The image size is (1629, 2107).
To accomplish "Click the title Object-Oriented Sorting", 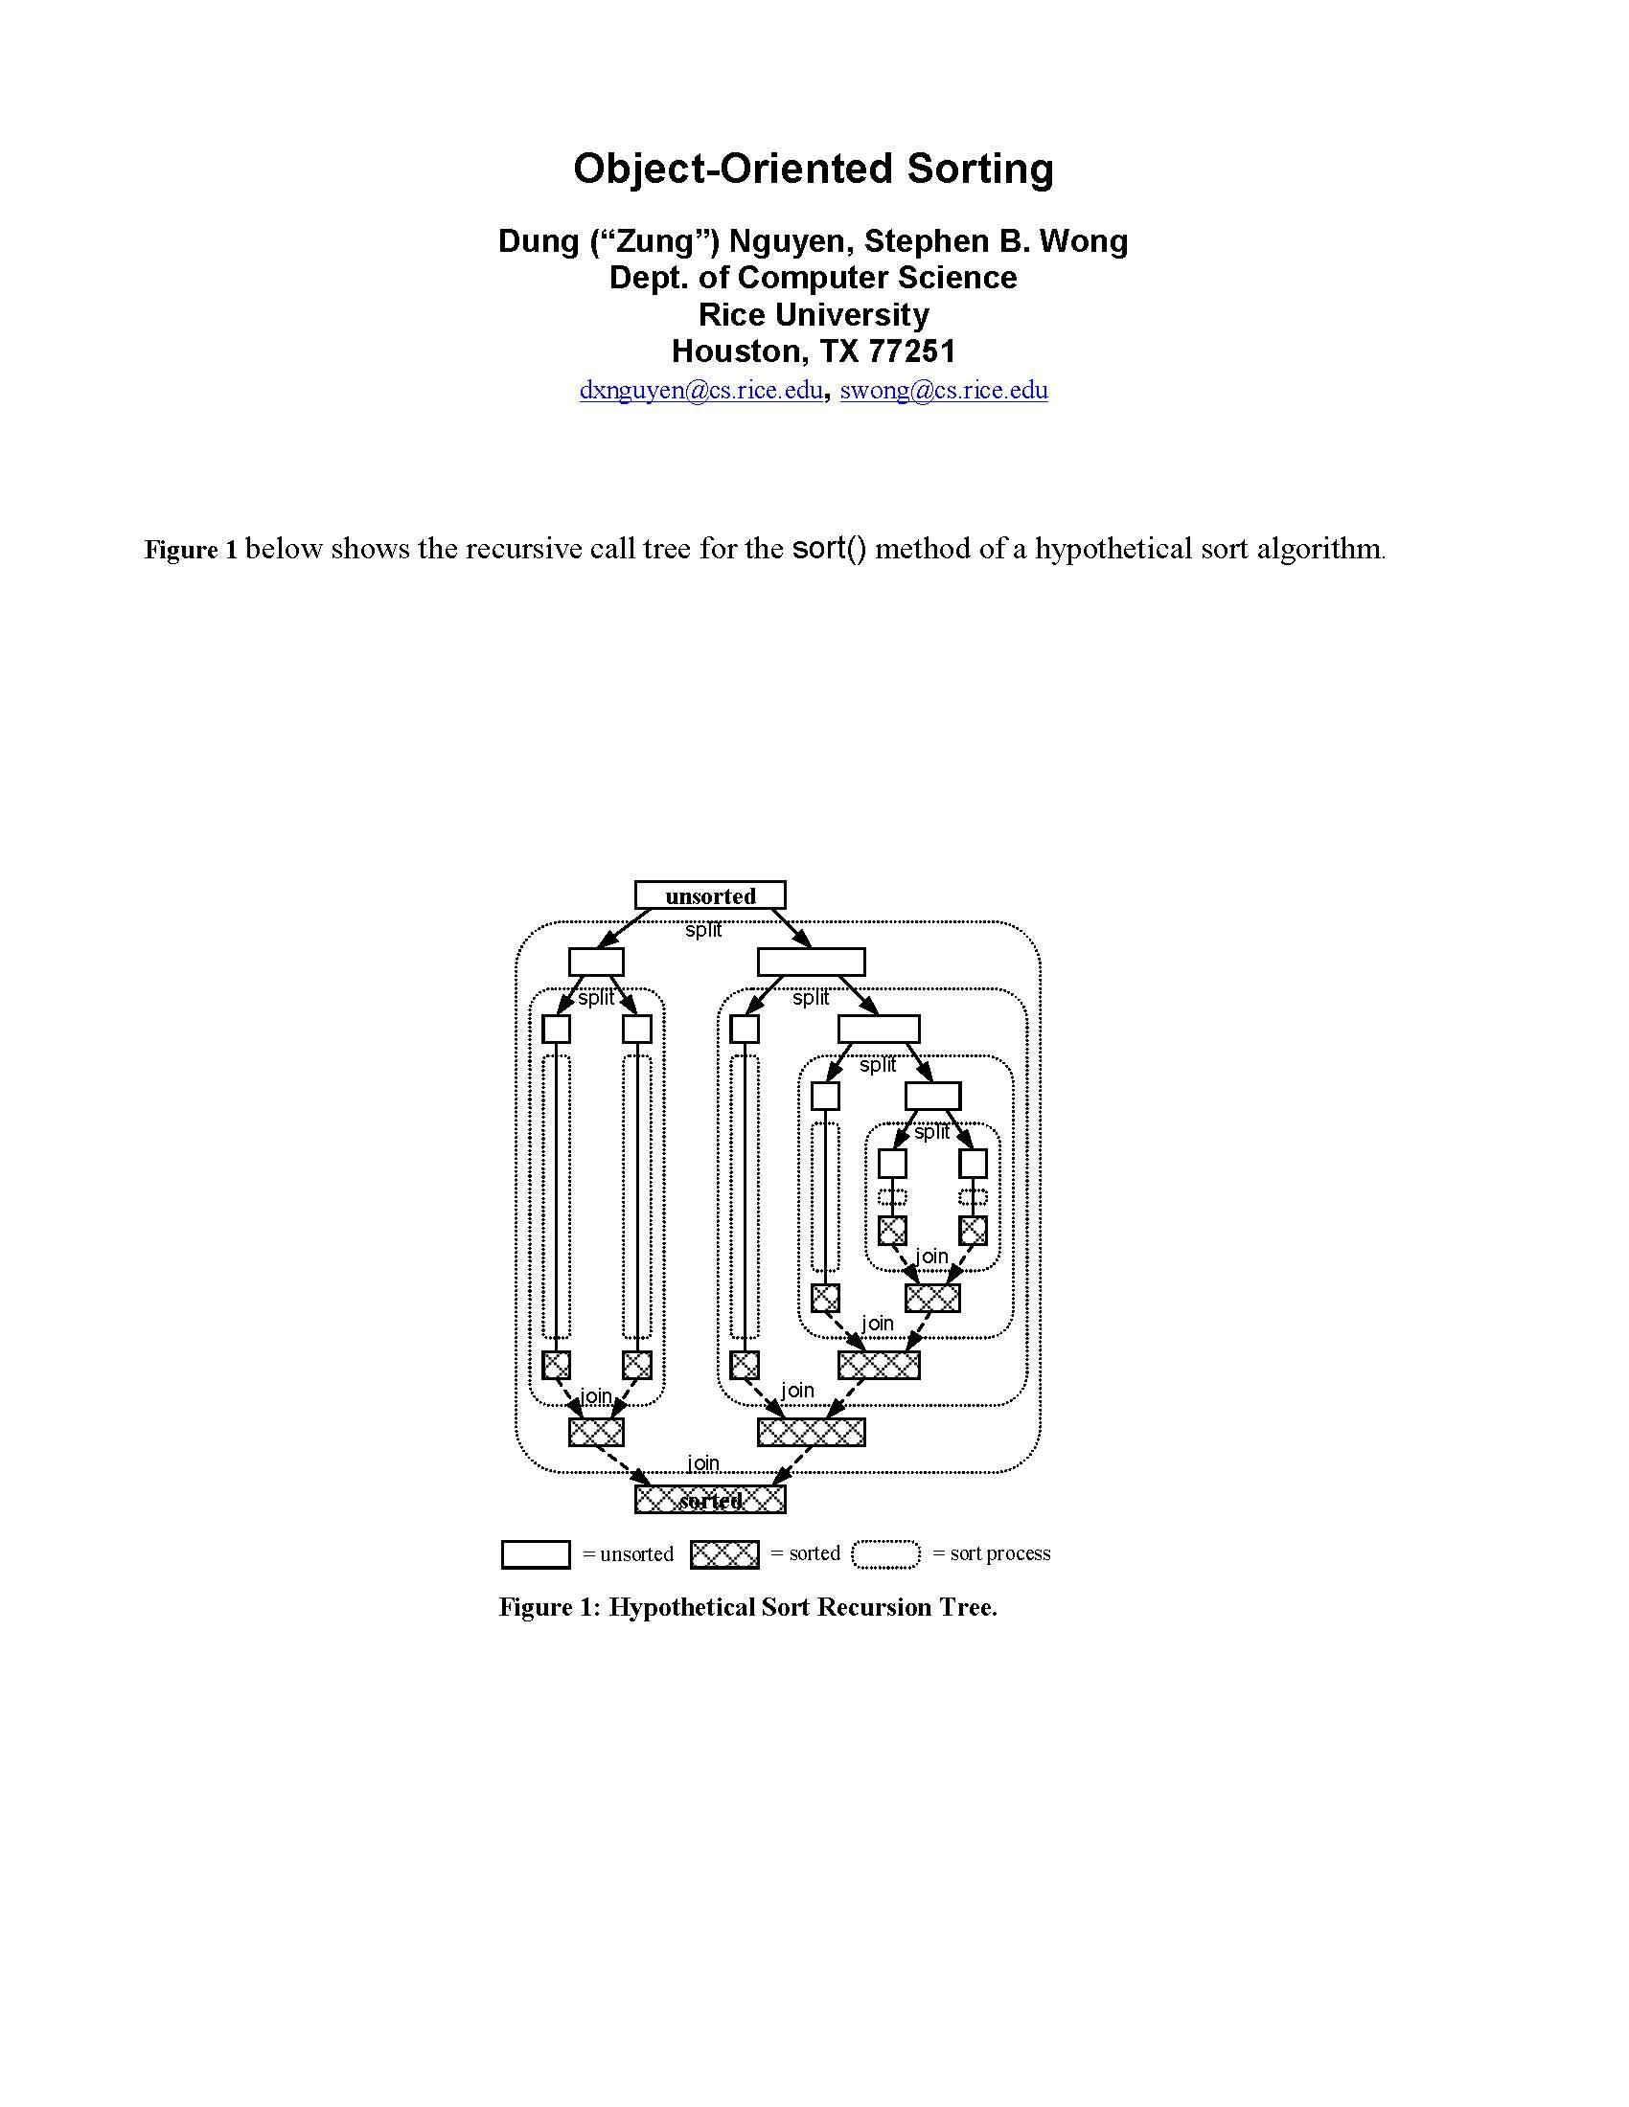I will (813, 169).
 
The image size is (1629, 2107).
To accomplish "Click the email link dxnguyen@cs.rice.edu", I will (700, 390).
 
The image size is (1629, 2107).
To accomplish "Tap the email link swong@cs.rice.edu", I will (944, 390).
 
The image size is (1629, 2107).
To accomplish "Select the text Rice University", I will (813, 314).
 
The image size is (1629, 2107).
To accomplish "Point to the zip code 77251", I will (912, 351).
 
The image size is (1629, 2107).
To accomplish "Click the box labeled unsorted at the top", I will (709, 895).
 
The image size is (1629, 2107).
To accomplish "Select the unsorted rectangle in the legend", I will (536, 1554).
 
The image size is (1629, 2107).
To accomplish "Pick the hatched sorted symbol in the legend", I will (724, 1554).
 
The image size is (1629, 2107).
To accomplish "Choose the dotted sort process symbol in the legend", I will (886, 1554).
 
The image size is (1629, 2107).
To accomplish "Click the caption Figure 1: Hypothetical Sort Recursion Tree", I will (748, 1607).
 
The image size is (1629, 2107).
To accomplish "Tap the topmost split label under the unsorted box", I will (703, 931).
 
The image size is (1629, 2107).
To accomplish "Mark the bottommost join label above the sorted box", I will (703, 1463).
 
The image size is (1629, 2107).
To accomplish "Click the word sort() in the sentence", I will (829, 549).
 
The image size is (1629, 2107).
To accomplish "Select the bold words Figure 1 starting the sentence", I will (190, 550).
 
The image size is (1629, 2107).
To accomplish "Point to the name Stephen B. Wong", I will (995, 240).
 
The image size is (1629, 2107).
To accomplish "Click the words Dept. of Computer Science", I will (813, 278).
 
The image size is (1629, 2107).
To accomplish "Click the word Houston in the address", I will (735, 351).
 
